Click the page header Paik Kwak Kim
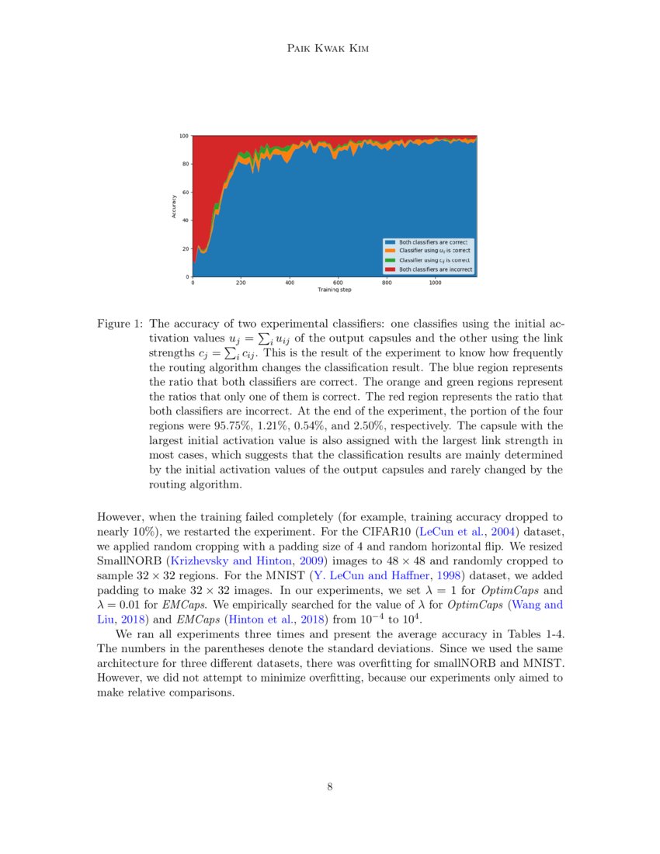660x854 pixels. point(330,49)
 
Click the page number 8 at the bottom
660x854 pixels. point(330,786)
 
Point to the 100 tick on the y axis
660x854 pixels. point(185,136)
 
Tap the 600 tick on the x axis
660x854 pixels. point(338,283)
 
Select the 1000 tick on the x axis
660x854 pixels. point(435,283)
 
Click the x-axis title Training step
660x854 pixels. point(334,290)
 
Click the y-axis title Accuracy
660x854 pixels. point(174,206)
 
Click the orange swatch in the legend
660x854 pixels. point(390,252)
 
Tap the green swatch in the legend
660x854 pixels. point(390,260)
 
